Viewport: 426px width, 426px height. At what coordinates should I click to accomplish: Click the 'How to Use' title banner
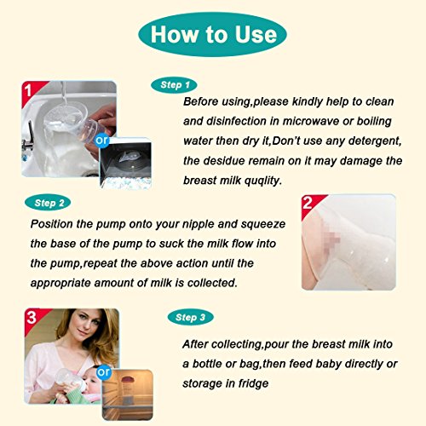pyautogui.click(x=212, y=34)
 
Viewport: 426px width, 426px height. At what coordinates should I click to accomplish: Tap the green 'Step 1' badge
pyautogui.click(x=174, y=85)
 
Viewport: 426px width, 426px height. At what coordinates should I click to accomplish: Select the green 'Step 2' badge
pyautogui.click(x=48, y=203)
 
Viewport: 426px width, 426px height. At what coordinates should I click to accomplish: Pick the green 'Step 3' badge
pyautogui.click(x=190, y=317)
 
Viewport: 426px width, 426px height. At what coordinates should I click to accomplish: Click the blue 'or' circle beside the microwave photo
pyautogui.click(x=101, y=140)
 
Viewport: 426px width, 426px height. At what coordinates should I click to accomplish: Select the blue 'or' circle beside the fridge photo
pyautogui.click(x=103, y=372)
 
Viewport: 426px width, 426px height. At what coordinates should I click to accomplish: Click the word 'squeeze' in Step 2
pyautogui.click(x=263, y=225)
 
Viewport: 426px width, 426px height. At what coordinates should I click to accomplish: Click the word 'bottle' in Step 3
pyautogui.click(x=206, y=364)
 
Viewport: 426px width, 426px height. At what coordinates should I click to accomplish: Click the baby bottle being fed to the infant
pyautogui.click(x=71, y=379)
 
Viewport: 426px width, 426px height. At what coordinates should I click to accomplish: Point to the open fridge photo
pyautogui.click(x=128, y=394)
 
